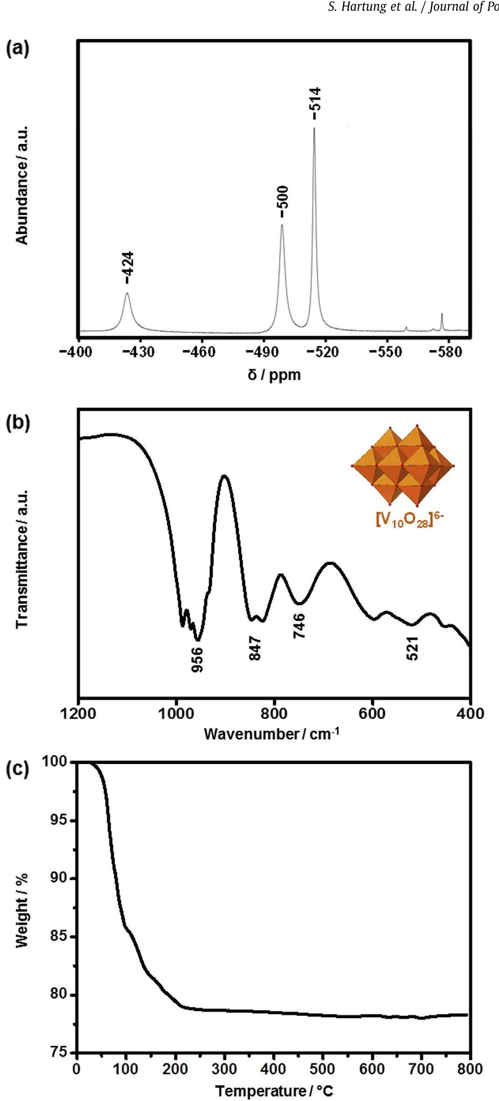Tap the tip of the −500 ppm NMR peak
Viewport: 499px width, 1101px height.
[282, 225]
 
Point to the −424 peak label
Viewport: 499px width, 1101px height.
[128, 267]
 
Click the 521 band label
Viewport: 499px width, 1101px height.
[412, 648]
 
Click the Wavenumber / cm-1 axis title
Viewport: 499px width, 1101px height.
[272, 734]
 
